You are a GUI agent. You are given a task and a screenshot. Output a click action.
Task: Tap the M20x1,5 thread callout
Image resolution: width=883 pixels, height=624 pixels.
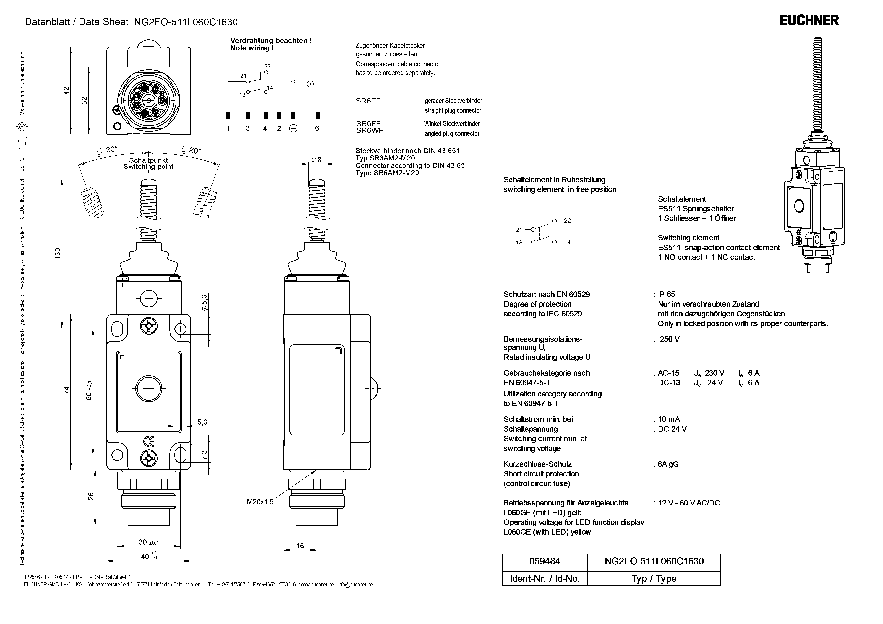(x=260, y=502)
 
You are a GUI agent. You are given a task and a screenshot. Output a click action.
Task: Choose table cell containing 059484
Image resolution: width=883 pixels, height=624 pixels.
(x=545, y=561)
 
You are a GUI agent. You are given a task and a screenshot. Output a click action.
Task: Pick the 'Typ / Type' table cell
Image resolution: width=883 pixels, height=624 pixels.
(x=654, y=579)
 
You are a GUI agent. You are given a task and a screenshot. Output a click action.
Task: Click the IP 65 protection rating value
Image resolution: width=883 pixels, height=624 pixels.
(x=667, y=294)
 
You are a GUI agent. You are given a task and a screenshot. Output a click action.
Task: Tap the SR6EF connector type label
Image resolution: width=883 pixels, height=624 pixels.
(x=368, y=101)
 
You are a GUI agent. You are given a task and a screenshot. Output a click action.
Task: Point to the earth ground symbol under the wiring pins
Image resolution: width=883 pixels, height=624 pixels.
(x=293, y=129)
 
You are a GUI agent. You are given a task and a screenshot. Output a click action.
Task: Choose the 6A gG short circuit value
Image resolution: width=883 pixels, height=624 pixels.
(x=668, y=464)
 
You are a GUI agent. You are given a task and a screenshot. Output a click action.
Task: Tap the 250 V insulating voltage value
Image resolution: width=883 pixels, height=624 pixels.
(x=670, y=339)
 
